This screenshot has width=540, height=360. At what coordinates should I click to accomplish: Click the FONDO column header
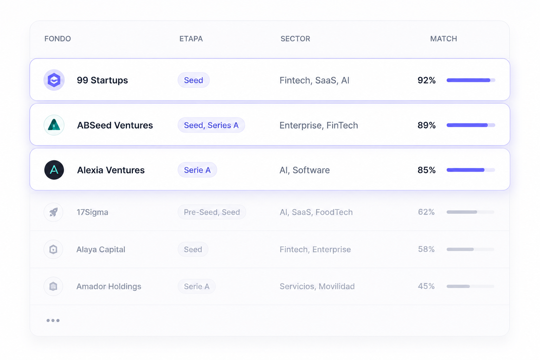58,39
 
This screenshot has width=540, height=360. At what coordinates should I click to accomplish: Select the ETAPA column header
191,39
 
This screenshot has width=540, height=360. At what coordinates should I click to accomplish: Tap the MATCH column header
444,39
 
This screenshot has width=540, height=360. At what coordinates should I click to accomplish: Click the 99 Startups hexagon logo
54,80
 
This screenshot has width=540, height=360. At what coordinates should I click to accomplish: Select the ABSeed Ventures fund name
115,125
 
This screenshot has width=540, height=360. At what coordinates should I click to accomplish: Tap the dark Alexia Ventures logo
54,170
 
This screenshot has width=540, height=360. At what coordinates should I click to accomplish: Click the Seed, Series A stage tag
211,125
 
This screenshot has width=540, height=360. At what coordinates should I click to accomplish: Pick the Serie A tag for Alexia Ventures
197,170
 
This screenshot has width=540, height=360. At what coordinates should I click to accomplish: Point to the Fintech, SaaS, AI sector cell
314,80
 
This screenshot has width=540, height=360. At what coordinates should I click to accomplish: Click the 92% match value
426,80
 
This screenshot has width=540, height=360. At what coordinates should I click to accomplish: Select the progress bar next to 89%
471,125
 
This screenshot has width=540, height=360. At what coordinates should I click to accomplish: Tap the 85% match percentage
426,170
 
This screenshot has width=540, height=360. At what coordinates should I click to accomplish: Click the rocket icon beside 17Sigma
53,212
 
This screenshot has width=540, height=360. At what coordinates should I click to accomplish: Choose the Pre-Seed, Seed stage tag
212,212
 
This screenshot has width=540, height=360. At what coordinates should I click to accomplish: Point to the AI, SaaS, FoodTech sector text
316,212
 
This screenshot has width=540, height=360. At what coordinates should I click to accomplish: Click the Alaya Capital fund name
101,249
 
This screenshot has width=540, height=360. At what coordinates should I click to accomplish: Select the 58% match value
426,249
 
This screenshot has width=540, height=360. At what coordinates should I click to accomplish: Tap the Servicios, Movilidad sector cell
317,287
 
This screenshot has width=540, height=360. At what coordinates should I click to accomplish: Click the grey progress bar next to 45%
470,286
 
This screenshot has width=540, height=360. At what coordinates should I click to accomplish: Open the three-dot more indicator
53,321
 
